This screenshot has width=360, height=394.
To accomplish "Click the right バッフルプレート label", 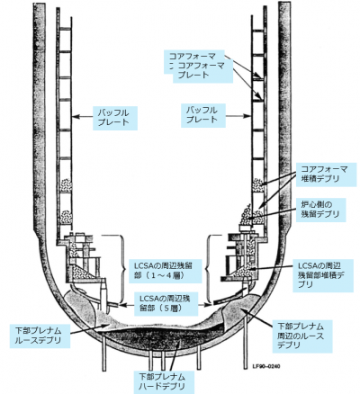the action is (202, 115).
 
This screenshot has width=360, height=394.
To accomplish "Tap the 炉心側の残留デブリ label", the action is (320, 210).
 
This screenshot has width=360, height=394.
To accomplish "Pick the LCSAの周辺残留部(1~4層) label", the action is (165, 271).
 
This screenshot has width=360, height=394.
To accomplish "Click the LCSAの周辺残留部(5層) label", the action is (166, 304).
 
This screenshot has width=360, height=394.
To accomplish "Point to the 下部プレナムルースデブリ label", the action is (40, 336).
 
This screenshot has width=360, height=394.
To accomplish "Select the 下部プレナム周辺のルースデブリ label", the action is (302, 336).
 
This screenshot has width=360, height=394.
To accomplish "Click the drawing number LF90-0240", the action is (266, 367).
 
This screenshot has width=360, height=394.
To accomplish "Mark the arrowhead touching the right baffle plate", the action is (247, 116).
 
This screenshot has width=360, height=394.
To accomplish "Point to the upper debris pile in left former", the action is (66, 184).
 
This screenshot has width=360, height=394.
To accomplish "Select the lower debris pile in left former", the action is (66, 217).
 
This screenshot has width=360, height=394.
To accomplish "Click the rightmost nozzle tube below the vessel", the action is (247, 341).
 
